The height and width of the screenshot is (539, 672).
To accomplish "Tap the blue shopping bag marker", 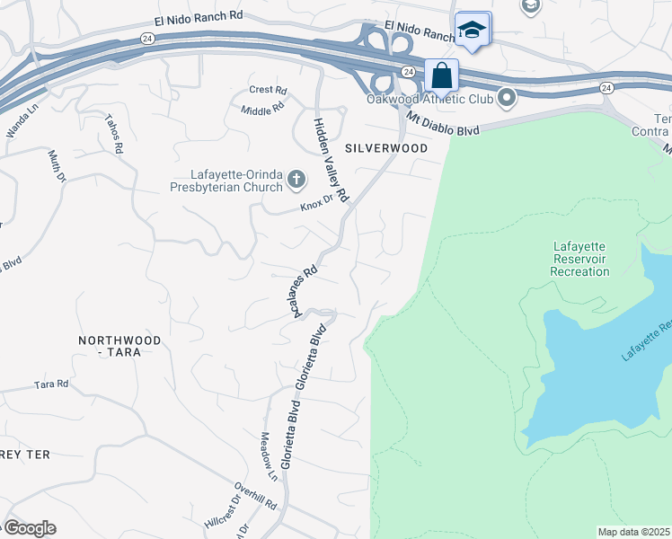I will click(441, 75).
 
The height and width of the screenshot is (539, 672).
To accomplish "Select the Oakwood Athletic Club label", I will click(430, 99).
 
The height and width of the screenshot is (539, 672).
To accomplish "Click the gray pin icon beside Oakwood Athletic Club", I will click(507, 98).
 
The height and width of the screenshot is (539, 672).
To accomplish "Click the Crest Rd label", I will click(268, 90).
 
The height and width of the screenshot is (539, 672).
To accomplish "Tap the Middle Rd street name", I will click(262, 108).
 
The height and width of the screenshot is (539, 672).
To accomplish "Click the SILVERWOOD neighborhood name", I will click(385, 147).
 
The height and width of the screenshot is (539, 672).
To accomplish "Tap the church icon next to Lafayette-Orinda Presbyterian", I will click(296, 181).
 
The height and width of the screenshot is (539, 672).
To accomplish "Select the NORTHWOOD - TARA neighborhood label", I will click(119, 346).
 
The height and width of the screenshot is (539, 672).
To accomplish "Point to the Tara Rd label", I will click(51, 384).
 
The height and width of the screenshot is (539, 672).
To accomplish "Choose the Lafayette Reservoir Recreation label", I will click(579, 259).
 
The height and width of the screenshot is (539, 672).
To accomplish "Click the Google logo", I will click(29, 527).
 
